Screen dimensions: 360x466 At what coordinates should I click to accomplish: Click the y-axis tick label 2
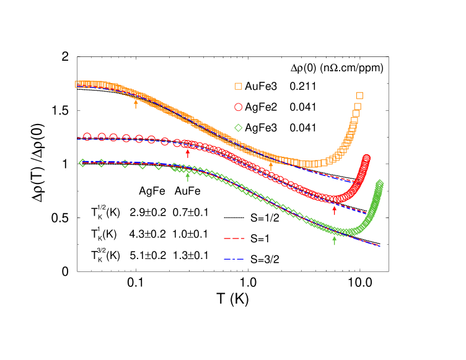(69, 57)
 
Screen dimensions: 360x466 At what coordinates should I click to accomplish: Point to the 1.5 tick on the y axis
(66, 111)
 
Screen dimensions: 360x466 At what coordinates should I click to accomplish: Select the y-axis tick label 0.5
(66, 218)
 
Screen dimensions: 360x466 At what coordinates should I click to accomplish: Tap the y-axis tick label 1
(69, 164)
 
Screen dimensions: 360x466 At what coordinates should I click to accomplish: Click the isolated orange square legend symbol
(239, 86)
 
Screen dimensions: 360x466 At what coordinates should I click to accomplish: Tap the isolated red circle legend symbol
(239, 107)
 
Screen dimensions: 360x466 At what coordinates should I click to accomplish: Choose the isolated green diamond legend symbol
(239, 128)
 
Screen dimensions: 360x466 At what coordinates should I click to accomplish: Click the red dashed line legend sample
(234, 239)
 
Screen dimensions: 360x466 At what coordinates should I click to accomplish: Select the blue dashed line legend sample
(234, 259)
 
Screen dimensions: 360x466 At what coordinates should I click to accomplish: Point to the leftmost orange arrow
(136, 103)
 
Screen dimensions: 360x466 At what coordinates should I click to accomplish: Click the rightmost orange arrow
(270, 166)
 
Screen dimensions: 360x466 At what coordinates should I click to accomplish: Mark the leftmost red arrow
(188, 153)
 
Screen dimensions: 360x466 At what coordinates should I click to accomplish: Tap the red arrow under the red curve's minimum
(335, 210)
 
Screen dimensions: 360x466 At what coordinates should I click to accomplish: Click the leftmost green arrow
(188, 177)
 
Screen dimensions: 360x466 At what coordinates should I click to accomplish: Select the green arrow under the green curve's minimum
(335, 240)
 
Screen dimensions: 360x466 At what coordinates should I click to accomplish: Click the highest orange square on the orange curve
(359, 95)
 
